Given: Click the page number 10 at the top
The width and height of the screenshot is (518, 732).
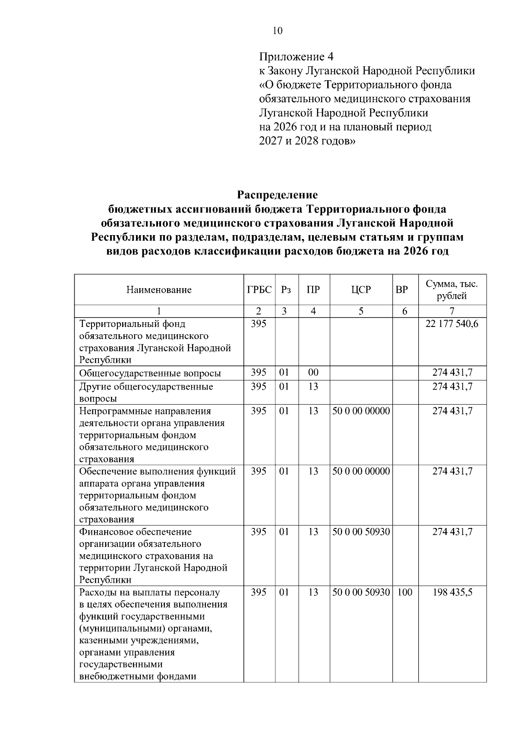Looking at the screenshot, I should click(278, 30).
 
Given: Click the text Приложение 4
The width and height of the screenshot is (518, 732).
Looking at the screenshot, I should click(296, 57).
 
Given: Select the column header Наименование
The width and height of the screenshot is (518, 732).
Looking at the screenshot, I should click(159, 290).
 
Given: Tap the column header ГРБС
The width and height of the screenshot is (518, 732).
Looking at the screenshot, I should click(259, 289).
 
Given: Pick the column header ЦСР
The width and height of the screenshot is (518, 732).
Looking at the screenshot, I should click(361, 290).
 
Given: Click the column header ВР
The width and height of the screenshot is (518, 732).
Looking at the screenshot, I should click(401, 290).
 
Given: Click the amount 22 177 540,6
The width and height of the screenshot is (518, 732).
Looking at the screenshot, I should click(452, 324).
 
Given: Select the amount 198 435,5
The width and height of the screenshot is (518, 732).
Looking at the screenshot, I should click(452, 592).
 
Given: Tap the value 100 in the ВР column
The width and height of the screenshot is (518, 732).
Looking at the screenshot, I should click(405, 592).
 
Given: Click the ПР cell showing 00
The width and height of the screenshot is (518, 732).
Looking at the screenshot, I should click(313, 373).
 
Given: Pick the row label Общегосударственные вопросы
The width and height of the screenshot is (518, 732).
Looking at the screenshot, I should click(150, 374).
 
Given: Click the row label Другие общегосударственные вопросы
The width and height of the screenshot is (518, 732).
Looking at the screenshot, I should click(145, 392).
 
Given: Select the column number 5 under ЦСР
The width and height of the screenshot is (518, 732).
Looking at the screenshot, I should click(361, 311).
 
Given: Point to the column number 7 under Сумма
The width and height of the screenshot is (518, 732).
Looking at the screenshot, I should click(452, 311).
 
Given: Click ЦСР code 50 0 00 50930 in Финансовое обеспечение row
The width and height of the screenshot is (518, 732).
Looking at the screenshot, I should click(361, 532).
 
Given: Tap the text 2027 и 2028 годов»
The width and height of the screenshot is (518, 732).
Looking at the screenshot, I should click(307, 141).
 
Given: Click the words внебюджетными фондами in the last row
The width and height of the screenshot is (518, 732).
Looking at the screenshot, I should click(138, 676).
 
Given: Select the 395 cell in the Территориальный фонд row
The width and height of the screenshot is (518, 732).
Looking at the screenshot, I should click(259, 324).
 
